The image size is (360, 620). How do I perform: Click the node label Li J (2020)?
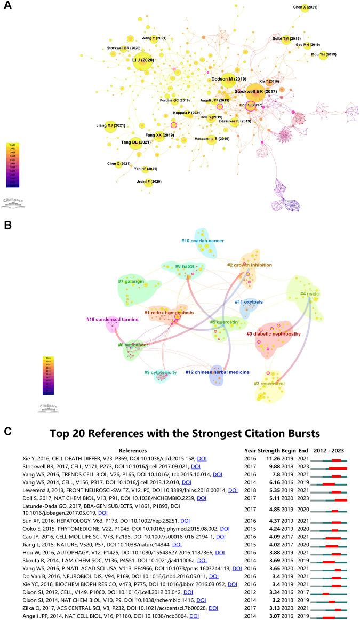click(x=142, y=60)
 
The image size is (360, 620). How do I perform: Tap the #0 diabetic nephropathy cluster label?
click(x=277, y=333)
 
